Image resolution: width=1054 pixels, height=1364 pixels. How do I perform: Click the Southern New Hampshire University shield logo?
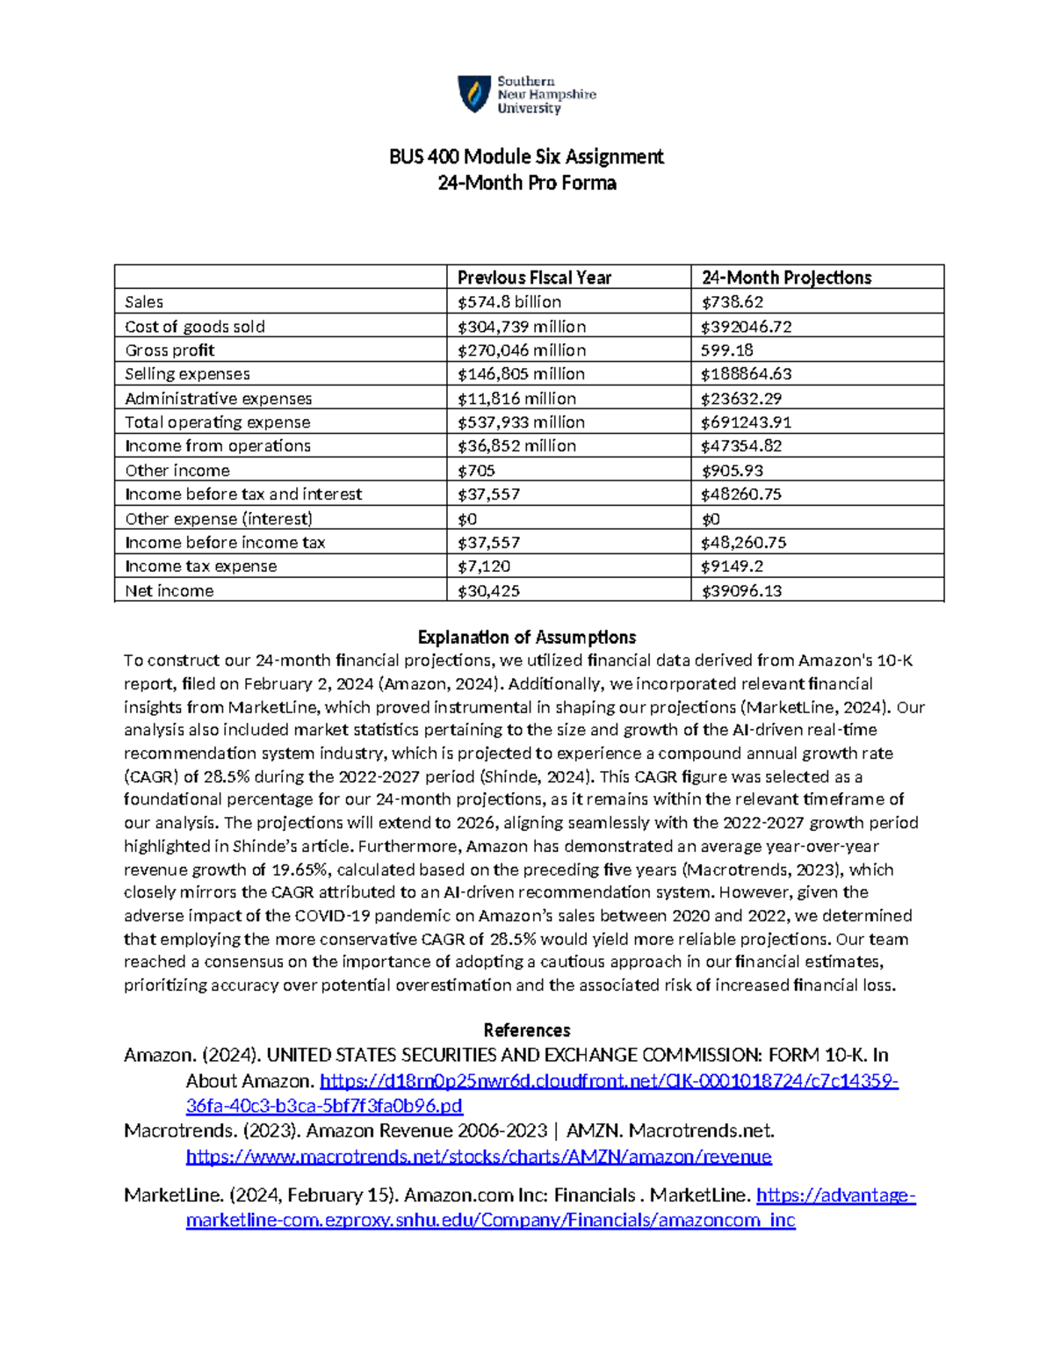474,94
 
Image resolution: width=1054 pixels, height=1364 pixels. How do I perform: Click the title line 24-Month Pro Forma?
527,184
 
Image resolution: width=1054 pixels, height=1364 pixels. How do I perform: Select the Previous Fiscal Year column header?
534,278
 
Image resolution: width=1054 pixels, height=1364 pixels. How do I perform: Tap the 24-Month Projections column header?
786,278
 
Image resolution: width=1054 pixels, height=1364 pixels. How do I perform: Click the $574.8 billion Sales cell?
509,302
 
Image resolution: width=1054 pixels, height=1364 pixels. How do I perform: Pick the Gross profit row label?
170,350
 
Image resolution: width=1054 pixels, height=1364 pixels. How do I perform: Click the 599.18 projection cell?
726,350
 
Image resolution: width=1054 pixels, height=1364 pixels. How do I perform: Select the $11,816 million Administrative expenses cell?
516,399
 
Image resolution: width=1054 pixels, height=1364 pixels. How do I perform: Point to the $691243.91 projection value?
746,422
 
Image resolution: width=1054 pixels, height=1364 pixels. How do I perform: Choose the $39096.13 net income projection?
741,591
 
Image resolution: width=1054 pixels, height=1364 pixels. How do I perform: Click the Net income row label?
170,591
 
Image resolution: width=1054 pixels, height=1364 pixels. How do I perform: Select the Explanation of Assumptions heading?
527,638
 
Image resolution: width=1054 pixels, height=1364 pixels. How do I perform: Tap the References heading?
527,1030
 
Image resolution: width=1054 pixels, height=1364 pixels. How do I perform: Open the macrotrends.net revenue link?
479,1157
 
